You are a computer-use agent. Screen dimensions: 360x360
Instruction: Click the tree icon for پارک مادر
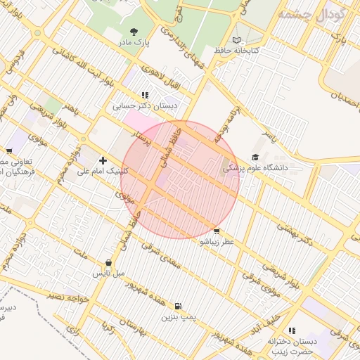pos(134,31)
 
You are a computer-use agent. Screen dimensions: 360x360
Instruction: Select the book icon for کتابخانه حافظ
pos(236,40)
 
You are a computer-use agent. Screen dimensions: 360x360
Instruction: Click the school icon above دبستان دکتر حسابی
pos(145,95)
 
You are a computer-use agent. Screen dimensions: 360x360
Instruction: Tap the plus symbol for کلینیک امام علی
pos(103,160)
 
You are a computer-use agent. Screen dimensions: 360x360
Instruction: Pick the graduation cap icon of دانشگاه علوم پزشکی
pos(255,157)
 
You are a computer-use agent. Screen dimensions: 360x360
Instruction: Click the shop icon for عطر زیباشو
pos(216,231)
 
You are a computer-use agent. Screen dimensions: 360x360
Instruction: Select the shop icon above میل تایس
pos(108,262)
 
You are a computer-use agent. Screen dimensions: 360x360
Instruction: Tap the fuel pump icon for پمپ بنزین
pos(177,306)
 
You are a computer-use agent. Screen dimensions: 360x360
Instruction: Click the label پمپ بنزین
pos(176,317)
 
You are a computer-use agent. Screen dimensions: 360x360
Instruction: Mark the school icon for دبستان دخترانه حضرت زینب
pos(292,330)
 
